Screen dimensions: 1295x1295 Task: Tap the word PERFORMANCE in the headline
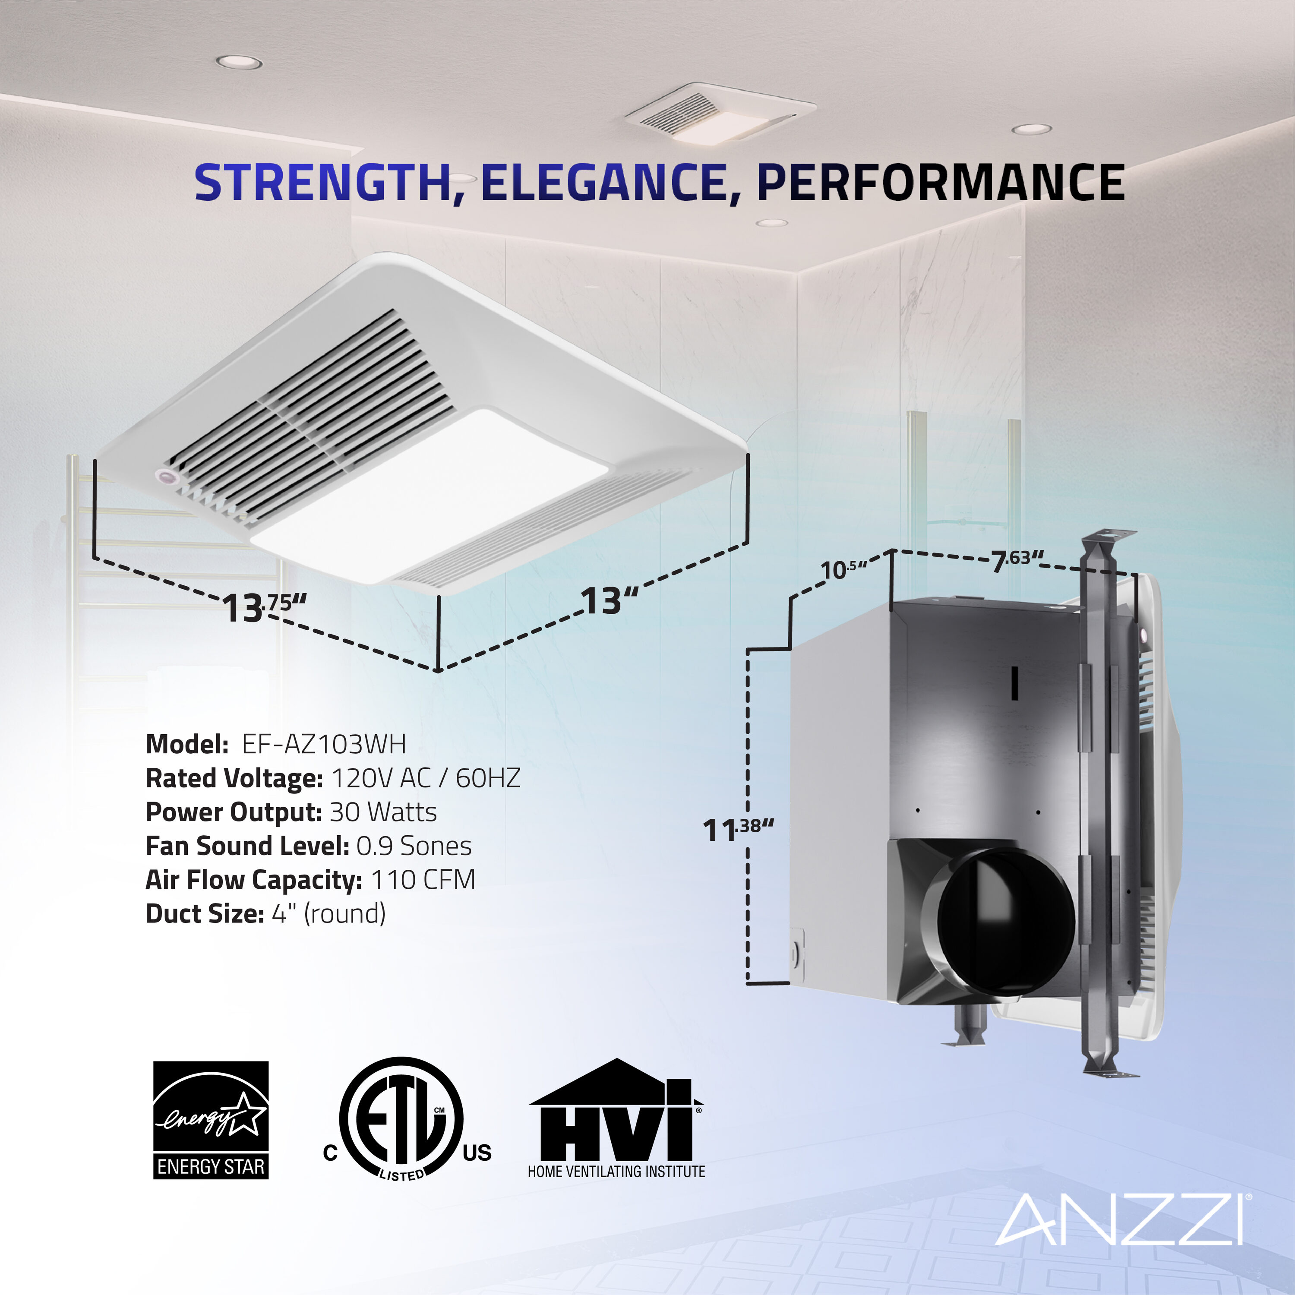940,182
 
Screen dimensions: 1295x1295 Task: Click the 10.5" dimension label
843,569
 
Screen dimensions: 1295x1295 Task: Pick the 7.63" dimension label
1017,560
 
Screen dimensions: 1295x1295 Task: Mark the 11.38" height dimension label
737,829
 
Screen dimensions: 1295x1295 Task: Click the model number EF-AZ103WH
324,744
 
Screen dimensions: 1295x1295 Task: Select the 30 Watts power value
383,812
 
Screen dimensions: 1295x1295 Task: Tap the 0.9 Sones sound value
414,846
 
